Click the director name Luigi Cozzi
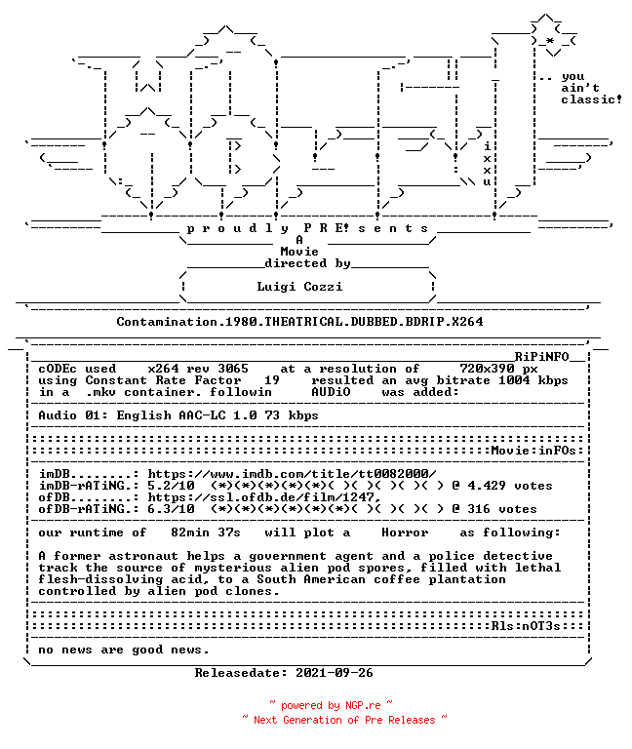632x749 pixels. point(299,287)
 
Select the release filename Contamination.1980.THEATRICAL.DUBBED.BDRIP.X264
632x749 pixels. point(299,322)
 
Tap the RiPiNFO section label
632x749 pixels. point(541,357)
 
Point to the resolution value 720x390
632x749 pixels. point(487,369)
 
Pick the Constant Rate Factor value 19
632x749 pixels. point(272,380)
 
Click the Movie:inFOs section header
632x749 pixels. point(533,451)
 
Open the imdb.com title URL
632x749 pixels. point(292,474)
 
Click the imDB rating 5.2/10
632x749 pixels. point(171,486)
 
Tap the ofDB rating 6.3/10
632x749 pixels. point(171,509)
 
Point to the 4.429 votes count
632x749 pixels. point(510,486)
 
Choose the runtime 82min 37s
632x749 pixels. point(206,532)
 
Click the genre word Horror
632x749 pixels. point(405,532)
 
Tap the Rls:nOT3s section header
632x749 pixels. point(526,626)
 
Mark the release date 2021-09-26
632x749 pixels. point(335,673)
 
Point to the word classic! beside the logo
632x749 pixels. point(591,99)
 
